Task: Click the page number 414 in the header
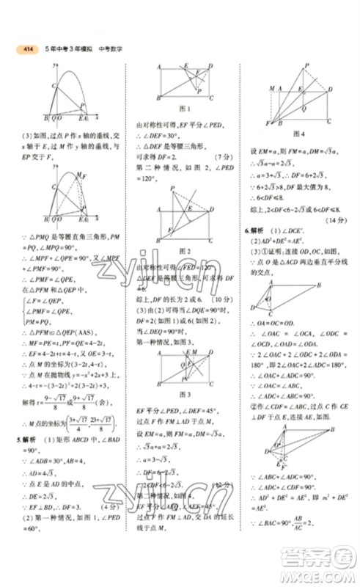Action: point(29,49)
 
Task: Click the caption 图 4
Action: point(298,134)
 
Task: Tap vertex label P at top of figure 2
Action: point(174,189)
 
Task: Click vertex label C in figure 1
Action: point(212,98)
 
